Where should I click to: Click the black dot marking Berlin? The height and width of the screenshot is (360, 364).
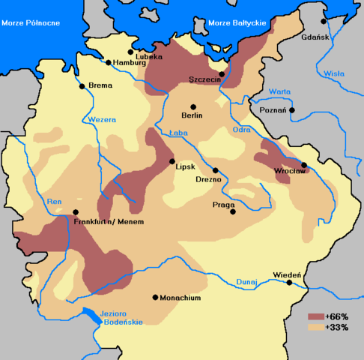(x=193, y=106)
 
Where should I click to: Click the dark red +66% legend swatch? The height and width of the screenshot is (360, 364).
(x=315, y=316)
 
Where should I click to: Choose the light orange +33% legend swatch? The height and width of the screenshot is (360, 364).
(x=315, y=328)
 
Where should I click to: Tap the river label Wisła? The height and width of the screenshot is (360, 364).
(x=333, y=73)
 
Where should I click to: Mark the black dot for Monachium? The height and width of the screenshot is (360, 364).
(x=156, y=298)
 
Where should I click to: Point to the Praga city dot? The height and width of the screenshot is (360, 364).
(x=232, y=212)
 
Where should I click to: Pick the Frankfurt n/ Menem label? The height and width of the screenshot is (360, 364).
(x=109, y=222)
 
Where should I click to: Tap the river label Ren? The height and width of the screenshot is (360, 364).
(x=54, y=201)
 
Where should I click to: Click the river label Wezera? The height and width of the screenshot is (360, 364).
(x=101, y=119)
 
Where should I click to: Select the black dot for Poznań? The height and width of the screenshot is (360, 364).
(x=292, y=110)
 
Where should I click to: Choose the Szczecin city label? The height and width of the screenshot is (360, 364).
(x=204, y=79)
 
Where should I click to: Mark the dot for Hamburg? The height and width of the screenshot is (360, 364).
(x=109, y=63)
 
